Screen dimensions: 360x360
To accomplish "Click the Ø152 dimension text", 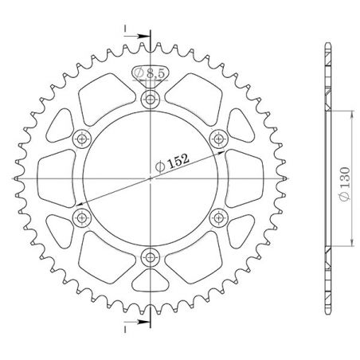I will click(172, 161).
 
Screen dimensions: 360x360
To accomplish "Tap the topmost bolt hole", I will click(150, 100).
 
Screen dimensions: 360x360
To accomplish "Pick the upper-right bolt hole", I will click(217, 139).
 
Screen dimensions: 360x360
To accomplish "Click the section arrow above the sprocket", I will click(141, 36).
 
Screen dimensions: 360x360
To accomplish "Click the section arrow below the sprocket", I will click(141, 323).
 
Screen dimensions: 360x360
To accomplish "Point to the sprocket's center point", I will click(150, 178).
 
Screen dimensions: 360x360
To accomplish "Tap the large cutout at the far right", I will click(243, 178).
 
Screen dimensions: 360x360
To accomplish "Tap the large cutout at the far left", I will click(56, 178).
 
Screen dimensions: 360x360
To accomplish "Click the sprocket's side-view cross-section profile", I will click(328, 178).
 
